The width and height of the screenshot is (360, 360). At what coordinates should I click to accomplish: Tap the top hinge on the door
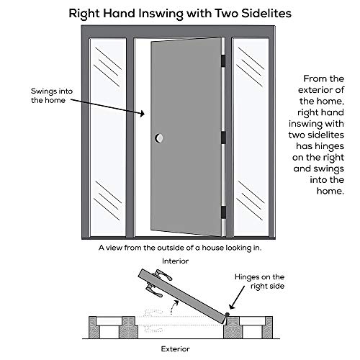(222, 60)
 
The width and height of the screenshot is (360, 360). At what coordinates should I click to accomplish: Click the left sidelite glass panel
(109, 137)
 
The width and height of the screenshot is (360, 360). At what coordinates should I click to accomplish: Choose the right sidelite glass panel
(251, 137)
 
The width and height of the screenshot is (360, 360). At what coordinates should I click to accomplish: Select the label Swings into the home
(50, 96)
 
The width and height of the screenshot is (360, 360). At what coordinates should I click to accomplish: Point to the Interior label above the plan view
(175, 261)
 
